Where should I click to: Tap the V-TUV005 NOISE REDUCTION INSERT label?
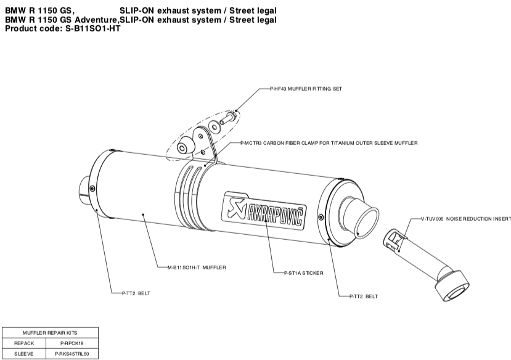[466, 219]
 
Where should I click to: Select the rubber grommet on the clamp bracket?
[184, 147]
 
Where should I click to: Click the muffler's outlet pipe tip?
[361, 219]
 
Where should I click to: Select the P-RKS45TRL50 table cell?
[72, 354]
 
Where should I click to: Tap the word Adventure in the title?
[94, 20]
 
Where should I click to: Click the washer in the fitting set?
[215, 126]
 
